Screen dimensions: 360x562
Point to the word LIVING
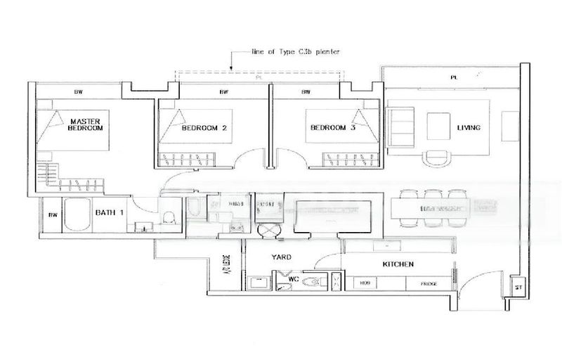[x=469, y=128]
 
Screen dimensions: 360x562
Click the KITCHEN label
[x=397, y=264]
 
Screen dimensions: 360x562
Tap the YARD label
[x=281, y=257]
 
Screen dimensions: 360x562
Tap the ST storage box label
[x=518, y=287]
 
